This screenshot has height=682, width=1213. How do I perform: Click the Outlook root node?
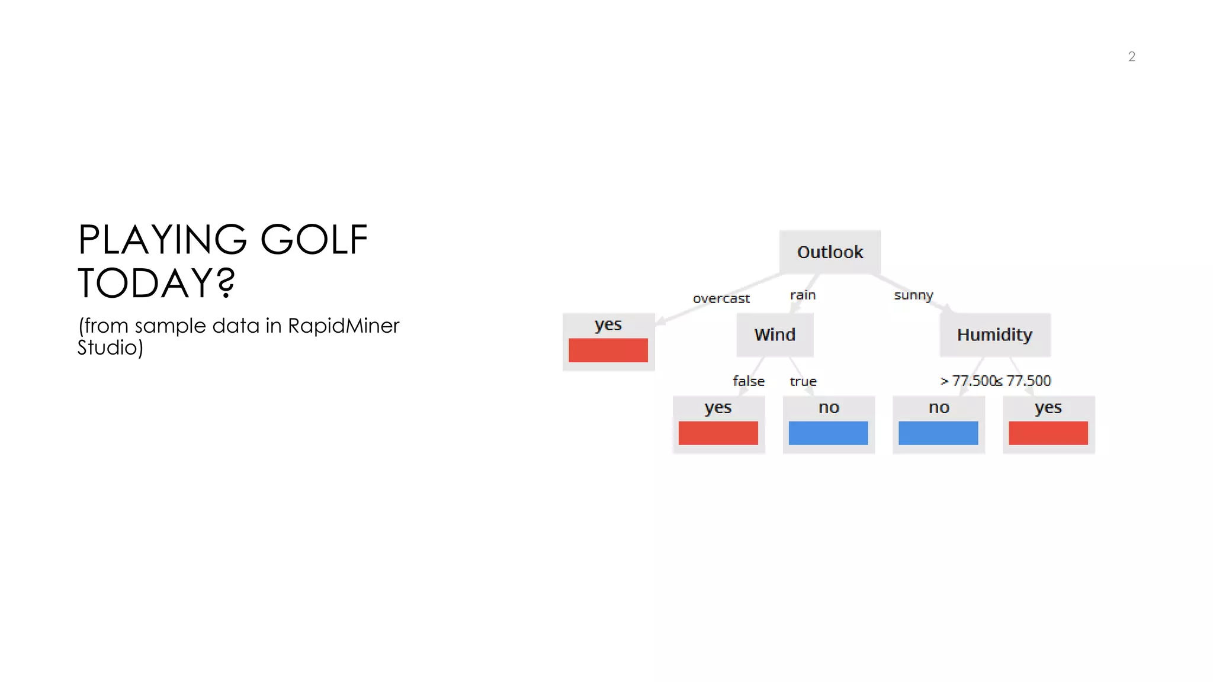830,252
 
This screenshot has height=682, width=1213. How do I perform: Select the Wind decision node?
775,335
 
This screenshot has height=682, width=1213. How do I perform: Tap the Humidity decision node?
994,335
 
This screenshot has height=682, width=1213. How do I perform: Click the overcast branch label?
721,299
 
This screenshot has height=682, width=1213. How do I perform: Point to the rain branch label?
803,295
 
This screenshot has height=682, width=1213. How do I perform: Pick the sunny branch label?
913,295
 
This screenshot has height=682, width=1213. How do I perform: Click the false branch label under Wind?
749,381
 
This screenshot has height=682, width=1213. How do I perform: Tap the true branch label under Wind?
803,381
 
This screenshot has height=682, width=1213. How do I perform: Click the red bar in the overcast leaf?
608,350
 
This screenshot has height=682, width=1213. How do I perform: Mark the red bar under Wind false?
718,433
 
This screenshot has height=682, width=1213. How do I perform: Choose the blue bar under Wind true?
828,433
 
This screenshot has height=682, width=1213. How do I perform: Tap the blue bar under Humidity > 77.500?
938,433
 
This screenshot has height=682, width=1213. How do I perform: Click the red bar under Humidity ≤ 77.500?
1048,433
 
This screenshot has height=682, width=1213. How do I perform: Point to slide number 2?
1131,57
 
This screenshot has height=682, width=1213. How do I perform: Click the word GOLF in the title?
314,240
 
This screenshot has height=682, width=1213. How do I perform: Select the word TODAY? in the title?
156,283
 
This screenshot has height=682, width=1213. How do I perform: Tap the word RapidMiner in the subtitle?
344,326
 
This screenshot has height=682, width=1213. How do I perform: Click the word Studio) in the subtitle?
110,348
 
